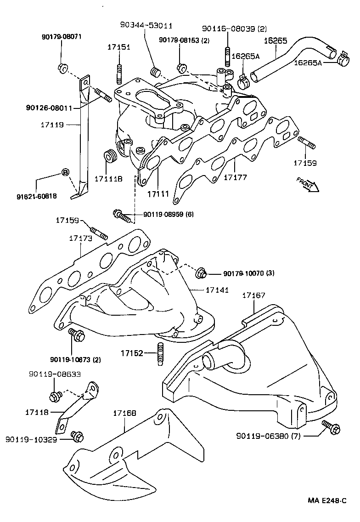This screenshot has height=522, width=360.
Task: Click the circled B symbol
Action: pos(65,173)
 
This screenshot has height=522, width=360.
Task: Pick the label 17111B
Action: pos(108,178)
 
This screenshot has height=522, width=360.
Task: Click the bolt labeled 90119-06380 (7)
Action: pos(331,426)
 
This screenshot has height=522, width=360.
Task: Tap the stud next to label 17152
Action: pos(160,354)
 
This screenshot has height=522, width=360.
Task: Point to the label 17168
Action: pos(124,414)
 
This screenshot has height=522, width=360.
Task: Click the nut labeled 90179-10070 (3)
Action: pos(201,273)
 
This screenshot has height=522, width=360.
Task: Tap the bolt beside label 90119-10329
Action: pos(76,435)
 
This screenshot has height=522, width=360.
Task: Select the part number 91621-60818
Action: pos(35,196)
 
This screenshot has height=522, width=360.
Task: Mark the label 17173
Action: pos(81,238)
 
